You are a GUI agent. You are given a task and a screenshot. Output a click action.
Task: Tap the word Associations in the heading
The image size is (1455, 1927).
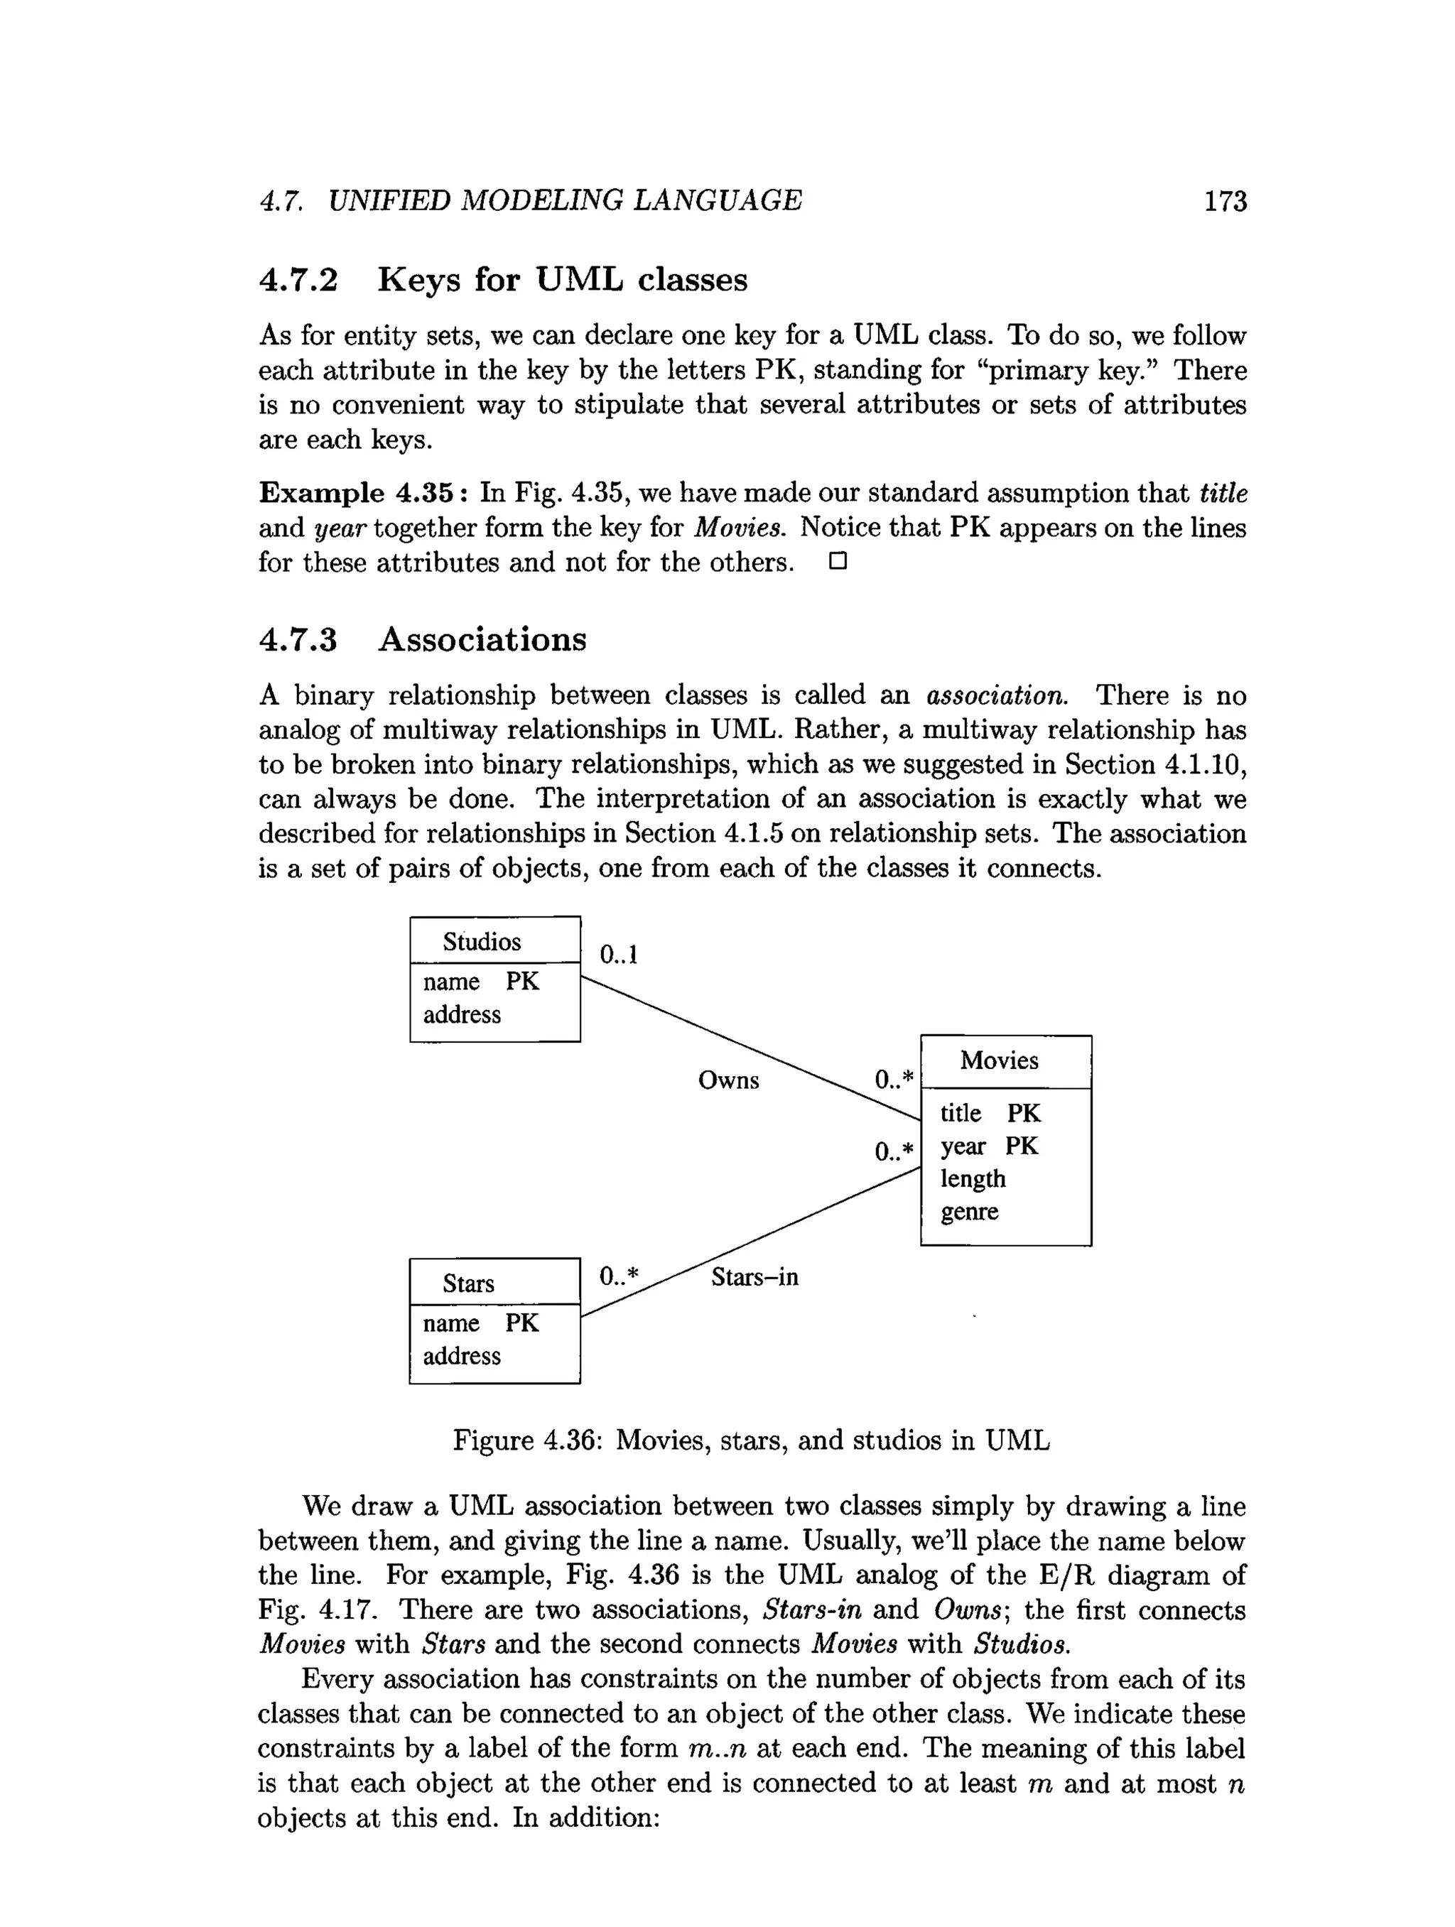point(482,639)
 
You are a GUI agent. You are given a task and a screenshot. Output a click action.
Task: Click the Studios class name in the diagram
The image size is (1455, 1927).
point(481,942)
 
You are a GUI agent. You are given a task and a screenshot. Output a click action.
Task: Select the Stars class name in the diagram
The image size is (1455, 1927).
point(468,1283)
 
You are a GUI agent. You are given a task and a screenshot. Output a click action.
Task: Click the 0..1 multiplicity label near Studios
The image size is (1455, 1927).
point(619,955)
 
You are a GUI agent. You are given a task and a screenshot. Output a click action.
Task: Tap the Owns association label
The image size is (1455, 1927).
point(728,1080)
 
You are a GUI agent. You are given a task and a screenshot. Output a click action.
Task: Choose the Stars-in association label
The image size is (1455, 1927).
point(754,1277)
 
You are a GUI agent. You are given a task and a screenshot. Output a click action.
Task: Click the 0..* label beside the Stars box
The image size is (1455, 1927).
point(619,1276)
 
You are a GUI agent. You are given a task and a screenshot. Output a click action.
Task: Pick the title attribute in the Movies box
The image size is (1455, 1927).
point(960,1113)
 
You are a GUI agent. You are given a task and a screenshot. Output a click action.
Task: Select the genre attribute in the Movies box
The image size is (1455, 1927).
point(969,1212)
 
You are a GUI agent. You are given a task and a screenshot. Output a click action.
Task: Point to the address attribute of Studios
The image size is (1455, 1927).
point(462,1015)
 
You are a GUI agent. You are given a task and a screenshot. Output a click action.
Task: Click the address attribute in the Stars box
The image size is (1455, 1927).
point(462,1357)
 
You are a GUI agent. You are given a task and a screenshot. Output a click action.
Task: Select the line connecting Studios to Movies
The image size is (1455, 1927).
point(750,1048)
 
